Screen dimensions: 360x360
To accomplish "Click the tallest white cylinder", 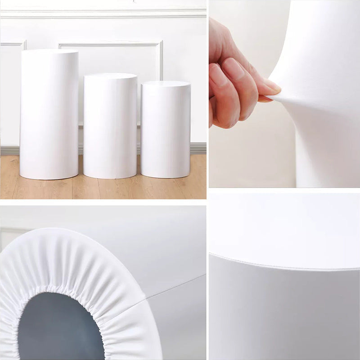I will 49,117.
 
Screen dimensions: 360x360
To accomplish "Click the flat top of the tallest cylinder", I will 49,52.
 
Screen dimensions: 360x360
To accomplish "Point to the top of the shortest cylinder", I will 166,84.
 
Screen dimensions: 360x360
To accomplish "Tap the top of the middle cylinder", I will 110,76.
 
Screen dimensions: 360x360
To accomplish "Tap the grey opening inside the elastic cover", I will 58,328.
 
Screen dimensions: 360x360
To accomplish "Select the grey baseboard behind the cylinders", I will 198,148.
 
